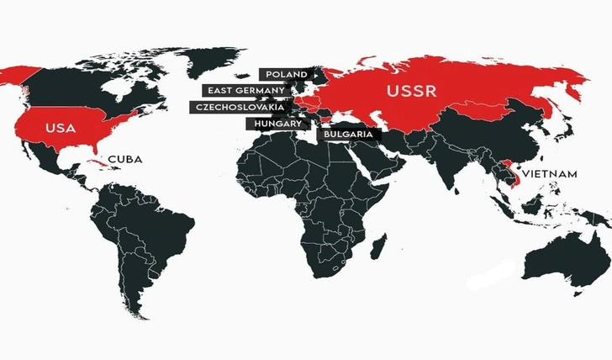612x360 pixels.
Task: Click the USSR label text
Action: (410, 91)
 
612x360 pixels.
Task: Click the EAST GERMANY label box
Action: (245, 90)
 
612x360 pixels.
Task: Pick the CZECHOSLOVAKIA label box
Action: (239, 107)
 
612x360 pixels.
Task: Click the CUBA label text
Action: (124, 159)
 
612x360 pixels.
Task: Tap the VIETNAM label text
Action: (550, 173)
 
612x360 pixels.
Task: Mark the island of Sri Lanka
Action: (456, 196)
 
